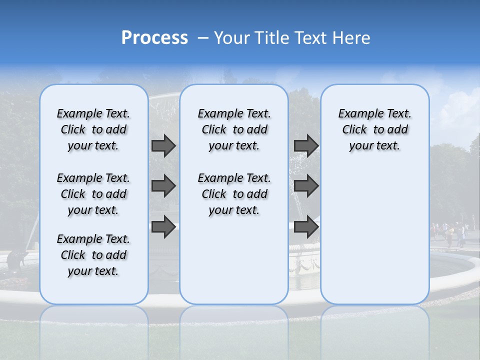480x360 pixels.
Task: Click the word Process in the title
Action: [154, 38]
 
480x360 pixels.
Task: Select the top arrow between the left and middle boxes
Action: [163, 145]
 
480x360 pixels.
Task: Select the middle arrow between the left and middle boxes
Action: [163, 186]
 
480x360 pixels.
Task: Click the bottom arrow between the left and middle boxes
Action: [163, 227]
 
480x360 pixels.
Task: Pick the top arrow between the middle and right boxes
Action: [306, 145]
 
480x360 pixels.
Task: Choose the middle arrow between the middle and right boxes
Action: [306, 186]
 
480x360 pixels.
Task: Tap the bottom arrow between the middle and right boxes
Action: [306, 227]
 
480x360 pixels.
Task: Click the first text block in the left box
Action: [93, 129]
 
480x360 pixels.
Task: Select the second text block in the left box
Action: [93, 194]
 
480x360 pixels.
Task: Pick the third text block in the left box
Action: [93, 255]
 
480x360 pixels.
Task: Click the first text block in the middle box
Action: [234, 129]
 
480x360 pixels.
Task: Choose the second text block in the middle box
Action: [234, 194]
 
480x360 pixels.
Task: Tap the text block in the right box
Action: [375, 129]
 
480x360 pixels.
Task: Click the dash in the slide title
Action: [203, 38]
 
